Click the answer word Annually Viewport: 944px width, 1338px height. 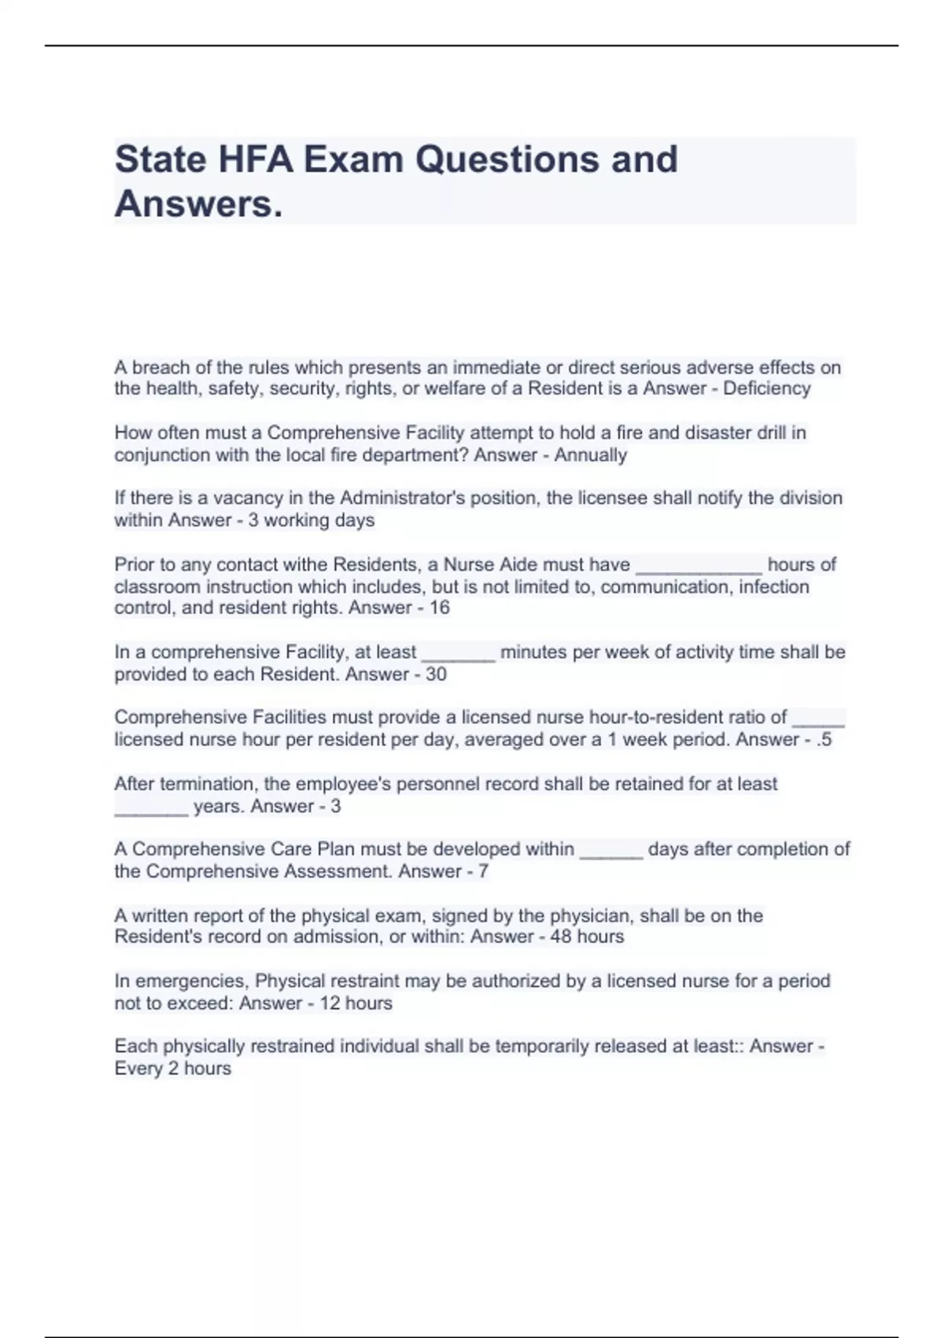(590, 456)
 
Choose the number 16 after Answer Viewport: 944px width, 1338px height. (439, 608)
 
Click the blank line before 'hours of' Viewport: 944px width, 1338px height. (699, 567)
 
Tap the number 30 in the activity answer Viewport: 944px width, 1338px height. (436, 675)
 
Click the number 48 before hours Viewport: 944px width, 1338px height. (561, 937)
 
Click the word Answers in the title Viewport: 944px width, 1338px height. (197, 205)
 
